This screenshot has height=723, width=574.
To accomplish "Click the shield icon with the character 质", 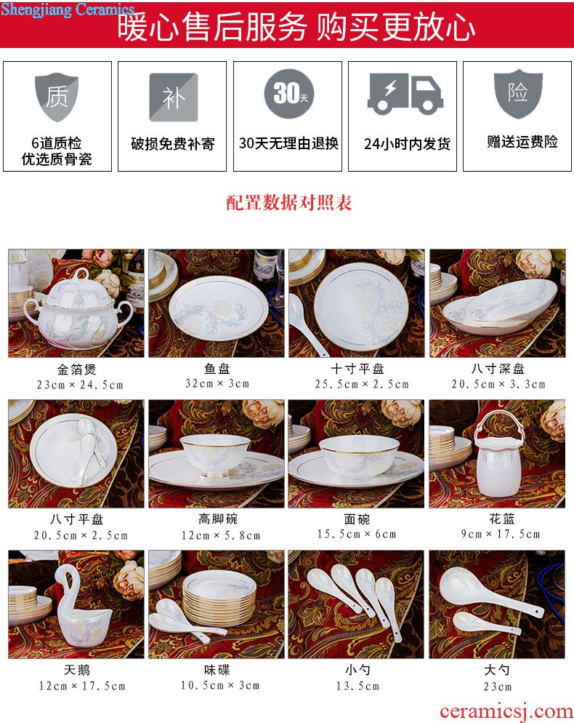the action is point(57,97).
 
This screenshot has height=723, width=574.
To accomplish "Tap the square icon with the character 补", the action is point(173,97).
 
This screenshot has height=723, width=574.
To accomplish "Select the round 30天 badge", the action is point(289,94).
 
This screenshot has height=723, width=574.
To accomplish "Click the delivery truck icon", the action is point(405,94).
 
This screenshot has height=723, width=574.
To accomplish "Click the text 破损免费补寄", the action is point(173,144).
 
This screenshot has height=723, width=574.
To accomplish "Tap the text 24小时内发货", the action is point(407,144).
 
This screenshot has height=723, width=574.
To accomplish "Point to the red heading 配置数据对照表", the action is point(289,203).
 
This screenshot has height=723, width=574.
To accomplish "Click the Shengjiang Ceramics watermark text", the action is point(68,9).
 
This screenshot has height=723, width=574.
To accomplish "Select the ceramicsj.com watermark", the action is point(506,711).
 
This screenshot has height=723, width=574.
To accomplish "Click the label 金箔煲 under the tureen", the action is point(76,370).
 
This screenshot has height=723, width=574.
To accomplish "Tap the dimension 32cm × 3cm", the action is point(217,383).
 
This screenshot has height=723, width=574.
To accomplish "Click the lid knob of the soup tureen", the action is point(81,274).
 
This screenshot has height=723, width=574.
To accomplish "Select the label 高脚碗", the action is point(217,519).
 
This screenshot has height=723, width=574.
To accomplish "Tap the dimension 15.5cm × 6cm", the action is point(357,534).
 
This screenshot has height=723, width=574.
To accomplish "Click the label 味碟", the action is point(217,670).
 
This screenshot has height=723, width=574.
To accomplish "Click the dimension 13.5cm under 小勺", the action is point(357,686).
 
